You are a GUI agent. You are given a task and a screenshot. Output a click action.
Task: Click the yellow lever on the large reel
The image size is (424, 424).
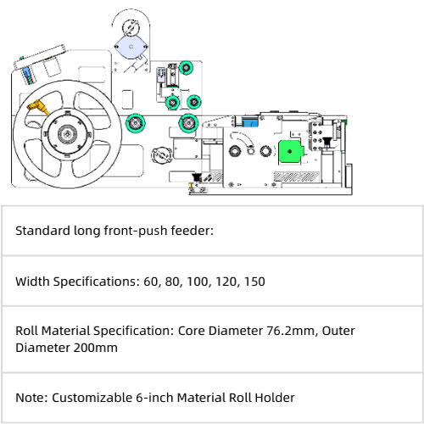coord(38,108)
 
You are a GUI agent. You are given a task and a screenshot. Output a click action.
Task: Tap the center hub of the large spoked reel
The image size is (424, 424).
coord(67,134)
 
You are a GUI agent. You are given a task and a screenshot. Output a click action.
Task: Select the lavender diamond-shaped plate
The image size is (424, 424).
coord(131,47)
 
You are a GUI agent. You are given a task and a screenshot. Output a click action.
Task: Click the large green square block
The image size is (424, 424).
coord(290,152)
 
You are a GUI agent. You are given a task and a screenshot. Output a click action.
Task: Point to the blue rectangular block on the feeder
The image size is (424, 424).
coord(250,122)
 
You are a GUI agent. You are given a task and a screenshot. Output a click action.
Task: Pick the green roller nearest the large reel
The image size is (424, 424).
coord(136,123)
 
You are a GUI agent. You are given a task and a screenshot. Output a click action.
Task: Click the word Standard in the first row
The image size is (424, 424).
coord(43,231)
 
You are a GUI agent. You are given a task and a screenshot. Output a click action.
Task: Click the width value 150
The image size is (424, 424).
coord(254,282)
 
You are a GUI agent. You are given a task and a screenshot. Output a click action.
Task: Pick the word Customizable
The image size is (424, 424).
coord(92,398)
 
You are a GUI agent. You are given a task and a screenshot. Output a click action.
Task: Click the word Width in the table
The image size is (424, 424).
coord(32,282)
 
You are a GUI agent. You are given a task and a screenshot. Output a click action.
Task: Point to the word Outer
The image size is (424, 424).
coord(338,331)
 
